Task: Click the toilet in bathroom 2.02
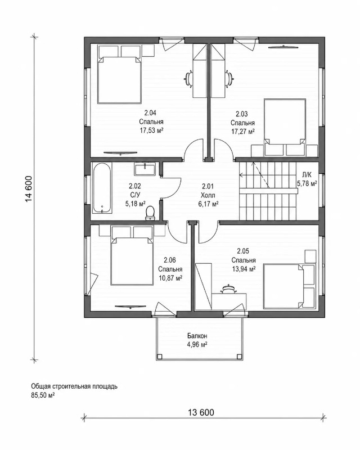point(150,213)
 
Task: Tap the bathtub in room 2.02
point(102,188)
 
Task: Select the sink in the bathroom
point(145,169)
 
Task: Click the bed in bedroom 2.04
point(119,79)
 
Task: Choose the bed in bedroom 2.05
point(283,286)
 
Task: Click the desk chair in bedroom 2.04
point(188,78)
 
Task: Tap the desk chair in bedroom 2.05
point(228,289)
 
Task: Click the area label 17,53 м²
point(151,130)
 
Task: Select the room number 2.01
point(208,186)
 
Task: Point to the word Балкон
point(197,336)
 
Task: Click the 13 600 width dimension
point(201,413)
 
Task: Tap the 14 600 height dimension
point(29,188)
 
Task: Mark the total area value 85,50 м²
point(43,395)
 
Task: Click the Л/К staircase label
point(307,174)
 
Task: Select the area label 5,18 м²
point(135,204)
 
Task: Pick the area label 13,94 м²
point(244,269)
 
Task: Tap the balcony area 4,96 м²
point(197,344)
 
